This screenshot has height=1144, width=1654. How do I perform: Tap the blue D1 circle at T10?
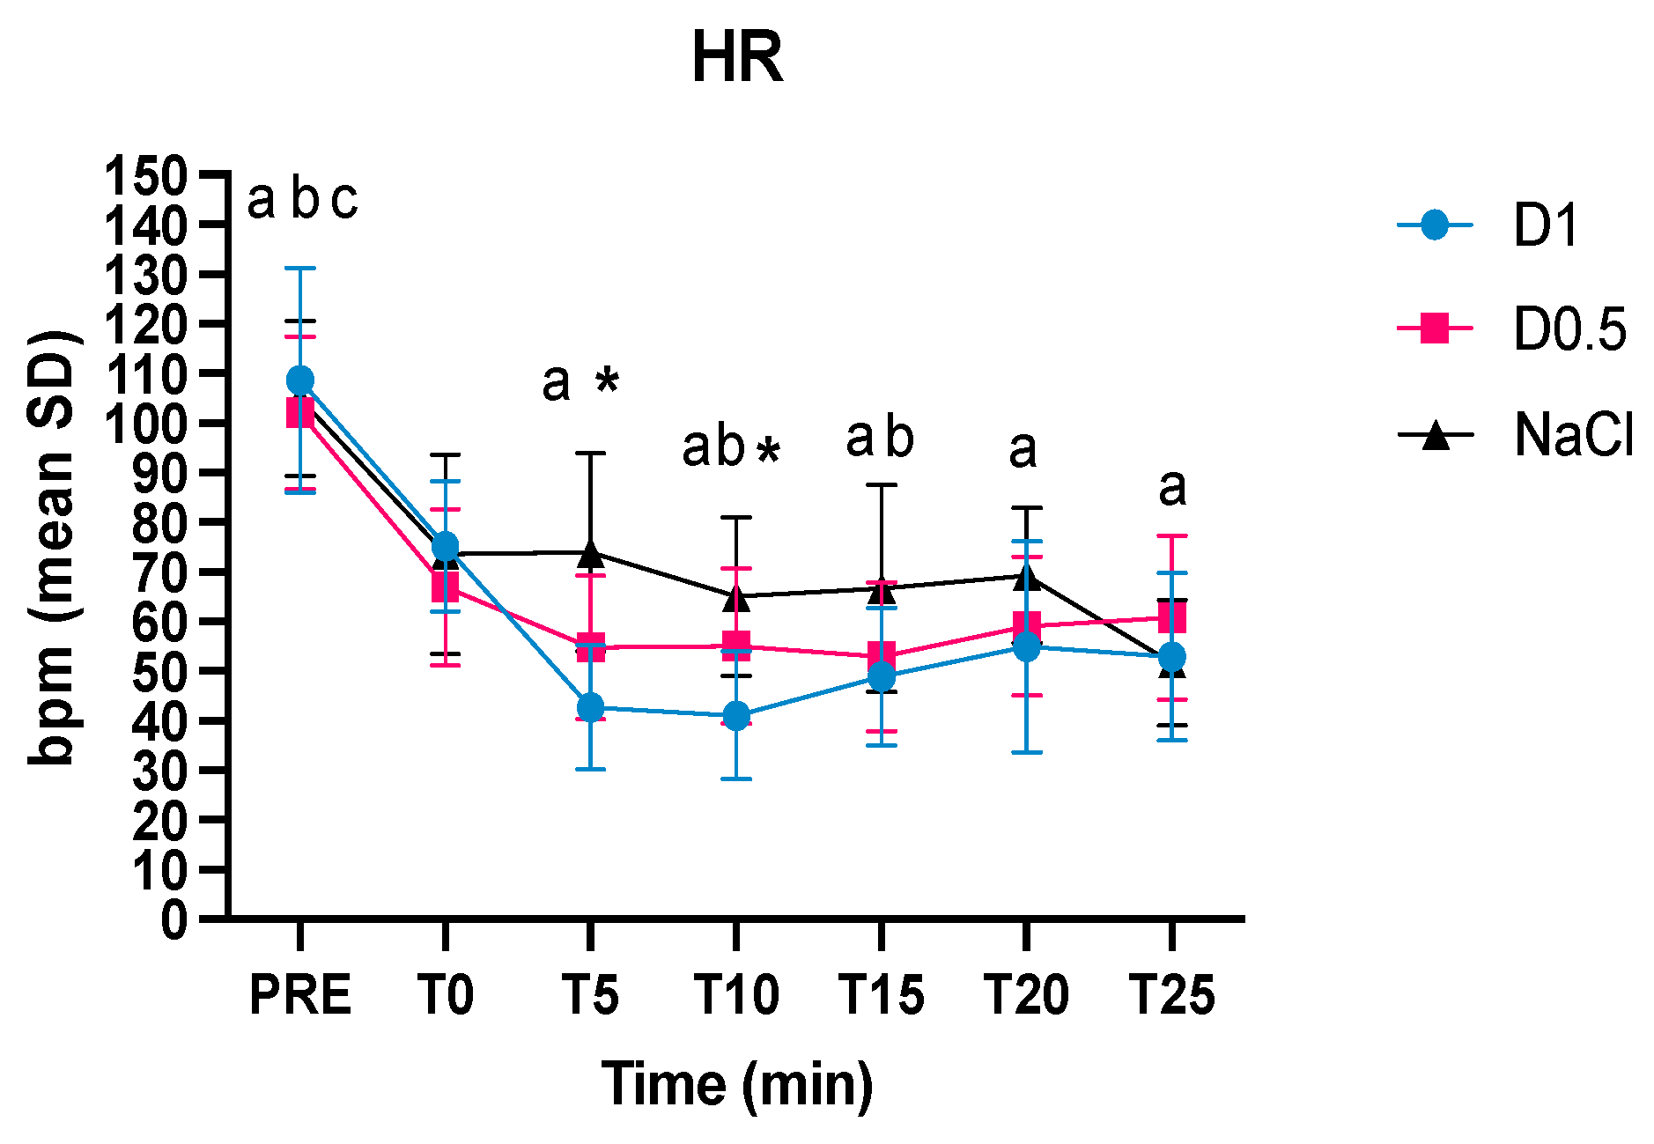[x=736, y=715]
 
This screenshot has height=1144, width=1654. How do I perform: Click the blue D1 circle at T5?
[x=590, y=707]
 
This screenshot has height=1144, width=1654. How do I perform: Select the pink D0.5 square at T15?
[x=882, y=656]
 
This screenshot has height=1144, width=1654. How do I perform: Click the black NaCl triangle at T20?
[x=1027, y=578]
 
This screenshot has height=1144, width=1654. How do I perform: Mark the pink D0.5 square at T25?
[x=1172, y=617]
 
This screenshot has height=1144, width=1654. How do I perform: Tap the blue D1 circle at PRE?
[x=300, y=380]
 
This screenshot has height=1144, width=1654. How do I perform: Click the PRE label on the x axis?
[x=300, y=995]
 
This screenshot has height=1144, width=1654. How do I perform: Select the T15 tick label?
[x=882, y=995]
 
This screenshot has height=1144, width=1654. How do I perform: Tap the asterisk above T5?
[x=607, y=381]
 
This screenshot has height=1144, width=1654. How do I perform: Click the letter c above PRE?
[x=344, y=201]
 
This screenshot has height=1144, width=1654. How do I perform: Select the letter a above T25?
[x=1172, y=488]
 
